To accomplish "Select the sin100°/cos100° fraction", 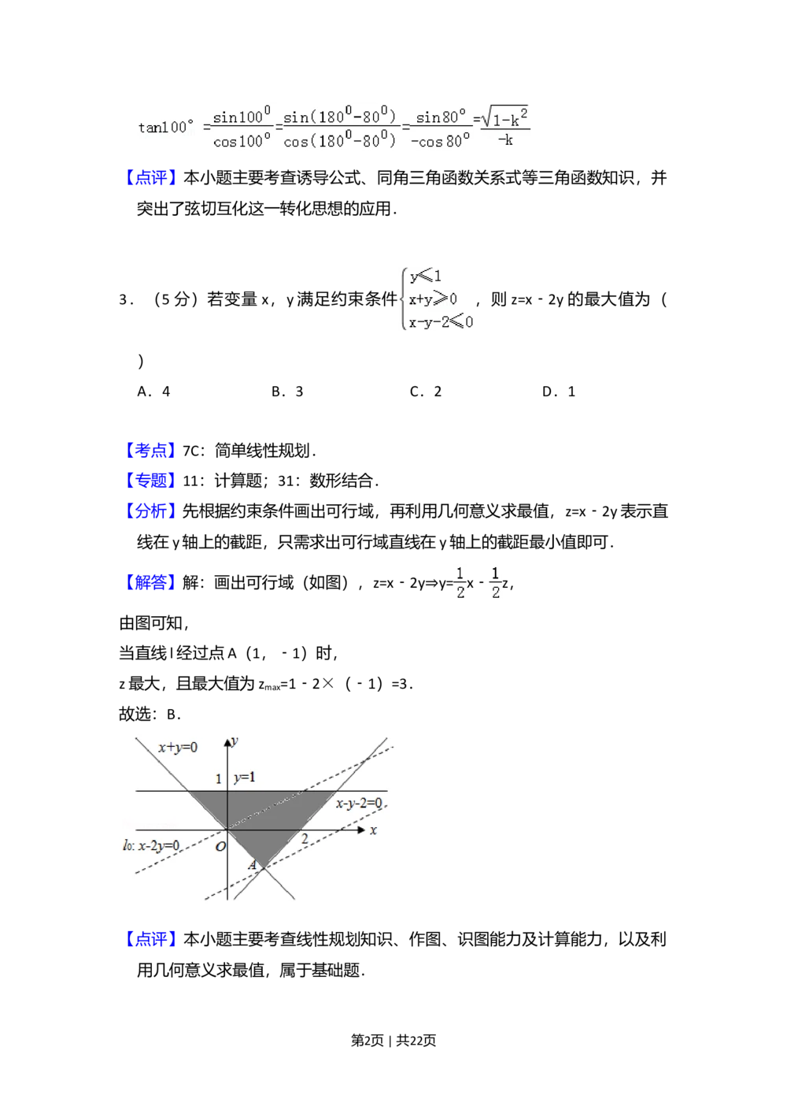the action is pos(242,128).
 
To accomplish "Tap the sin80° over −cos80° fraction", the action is pos(441,128).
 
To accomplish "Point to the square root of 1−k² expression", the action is pos(504,118).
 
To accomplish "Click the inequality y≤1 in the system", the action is pos(426,277).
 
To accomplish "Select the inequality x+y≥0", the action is pos(432,299).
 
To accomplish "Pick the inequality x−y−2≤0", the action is pos(440,321).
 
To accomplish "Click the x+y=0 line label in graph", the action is pos(178,747).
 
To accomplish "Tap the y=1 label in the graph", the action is pos(244,778).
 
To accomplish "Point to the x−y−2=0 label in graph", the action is pos(360,804).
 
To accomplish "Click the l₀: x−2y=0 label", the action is pos(151,845).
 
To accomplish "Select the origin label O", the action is pos(220,847).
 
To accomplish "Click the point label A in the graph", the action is pos(252,866).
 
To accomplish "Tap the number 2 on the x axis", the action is pos(305,839).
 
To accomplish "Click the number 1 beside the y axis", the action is pos(219,779).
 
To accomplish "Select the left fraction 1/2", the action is pos(460,583).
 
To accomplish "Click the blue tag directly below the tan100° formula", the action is pos(151,177).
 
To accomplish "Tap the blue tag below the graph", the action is pos(151,938).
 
